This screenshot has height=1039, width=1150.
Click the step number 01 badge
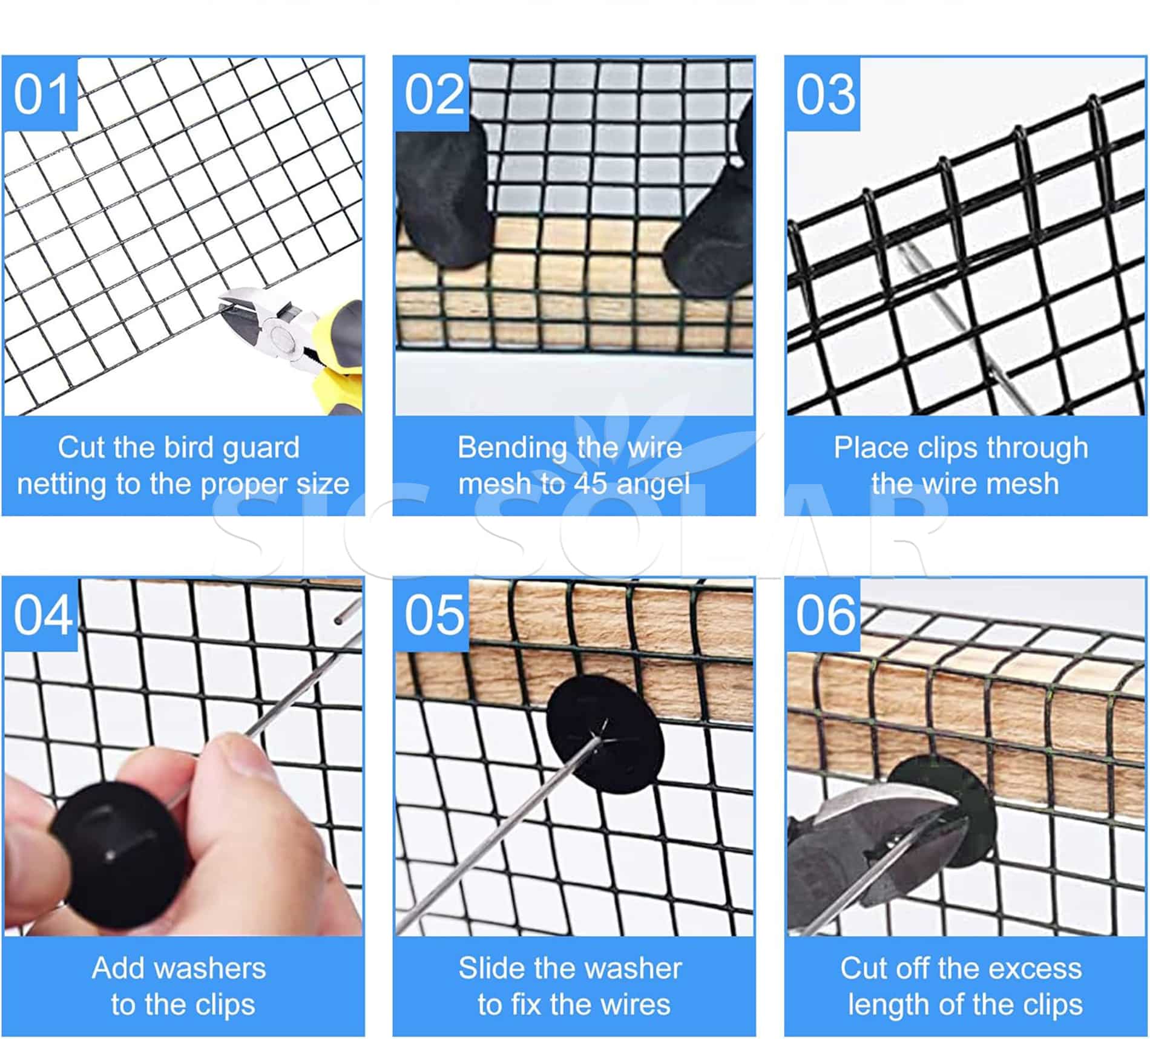(41, 94)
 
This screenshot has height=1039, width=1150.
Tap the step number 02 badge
(432, 94)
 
